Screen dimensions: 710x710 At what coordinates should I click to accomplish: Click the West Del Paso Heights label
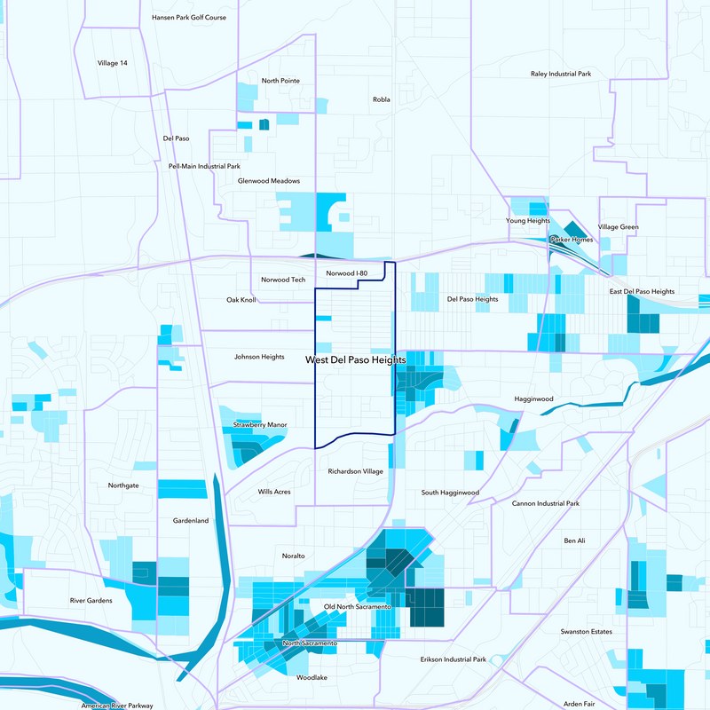click(x=356, y=360)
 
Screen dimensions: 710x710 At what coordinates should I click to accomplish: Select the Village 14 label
click(x=113, y=63)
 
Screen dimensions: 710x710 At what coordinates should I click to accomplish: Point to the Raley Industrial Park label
click(x=560, y=74)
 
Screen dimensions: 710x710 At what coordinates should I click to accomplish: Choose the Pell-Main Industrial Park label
click(x=204, y=166)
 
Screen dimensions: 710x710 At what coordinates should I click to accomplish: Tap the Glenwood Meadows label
click(x=268, y=181)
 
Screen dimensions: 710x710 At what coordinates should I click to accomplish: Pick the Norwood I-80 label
click(x=346, y=273)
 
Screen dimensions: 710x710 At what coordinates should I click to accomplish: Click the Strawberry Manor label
click(x=260, y=425)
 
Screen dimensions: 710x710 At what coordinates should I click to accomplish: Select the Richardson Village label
click(x=355, y=471)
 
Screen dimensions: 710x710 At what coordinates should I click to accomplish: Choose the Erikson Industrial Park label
click(x=453, y=659)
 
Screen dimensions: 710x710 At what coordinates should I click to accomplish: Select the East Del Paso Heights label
click(x=642, y=291)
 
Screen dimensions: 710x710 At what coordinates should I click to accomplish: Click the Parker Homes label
click(x=571, y=240)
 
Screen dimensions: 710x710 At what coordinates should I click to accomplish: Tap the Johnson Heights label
click(x=259, y=357)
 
